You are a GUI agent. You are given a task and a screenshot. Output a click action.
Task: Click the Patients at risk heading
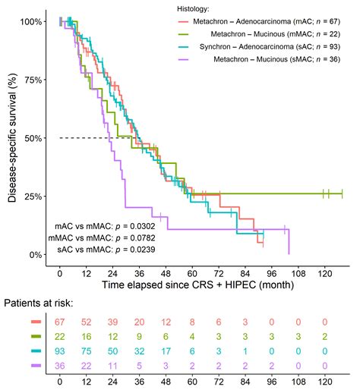pyautogui.click(x=38, y=303)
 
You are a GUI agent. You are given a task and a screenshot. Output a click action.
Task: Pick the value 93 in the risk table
pyautogui.click(x=60, y=350)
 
